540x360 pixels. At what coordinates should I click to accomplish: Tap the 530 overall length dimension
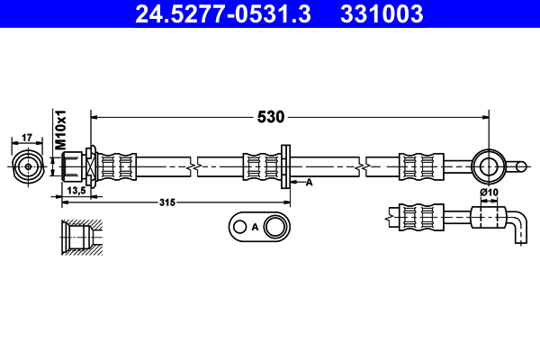pos(272,116)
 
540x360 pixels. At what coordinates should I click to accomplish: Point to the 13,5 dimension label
pos(76,191)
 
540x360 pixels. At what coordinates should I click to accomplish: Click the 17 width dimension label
pos(27,137)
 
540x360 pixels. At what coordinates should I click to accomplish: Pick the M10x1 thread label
pos(62,130)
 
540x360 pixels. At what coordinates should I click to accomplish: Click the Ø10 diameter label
pos(489,192)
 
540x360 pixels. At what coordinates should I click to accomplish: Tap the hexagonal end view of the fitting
pos(27,166)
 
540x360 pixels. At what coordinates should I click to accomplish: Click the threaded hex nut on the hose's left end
pos(75,166)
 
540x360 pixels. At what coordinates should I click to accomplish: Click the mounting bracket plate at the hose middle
pos(285,166)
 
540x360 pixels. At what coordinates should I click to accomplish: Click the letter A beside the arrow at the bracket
pos(308,183)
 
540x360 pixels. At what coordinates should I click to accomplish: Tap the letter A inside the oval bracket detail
pos(255,227)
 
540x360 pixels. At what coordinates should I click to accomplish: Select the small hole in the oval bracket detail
pos(239,227)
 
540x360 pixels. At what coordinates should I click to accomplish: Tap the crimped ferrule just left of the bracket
pos(259,166)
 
